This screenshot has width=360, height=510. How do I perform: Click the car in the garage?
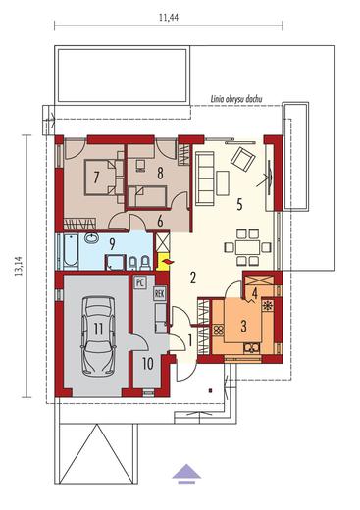98,335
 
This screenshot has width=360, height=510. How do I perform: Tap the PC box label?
140,282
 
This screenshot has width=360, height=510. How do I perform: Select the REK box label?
159,294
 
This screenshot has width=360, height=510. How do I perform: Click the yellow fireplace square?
164,262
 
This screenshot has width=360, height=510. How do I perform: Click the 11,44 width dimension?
169,18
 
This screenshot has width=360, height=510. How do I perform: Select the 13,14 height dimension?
19,266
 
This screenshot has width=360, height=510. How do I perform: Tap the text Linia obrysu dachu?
236,99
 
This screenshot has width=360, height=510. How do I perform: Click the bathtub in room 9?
71,250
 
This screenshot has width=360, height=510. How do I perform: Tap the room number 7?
96,178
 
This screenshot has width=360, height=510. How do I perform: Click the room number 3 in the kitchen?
243,326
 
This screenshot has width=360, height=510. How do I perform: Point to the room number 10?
148,364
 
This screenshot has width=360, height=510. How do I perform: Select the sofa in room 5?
205,178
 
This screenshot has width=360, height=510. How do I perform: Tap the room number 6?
160,222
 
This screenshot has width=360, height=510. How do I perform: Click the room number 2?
192,278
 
